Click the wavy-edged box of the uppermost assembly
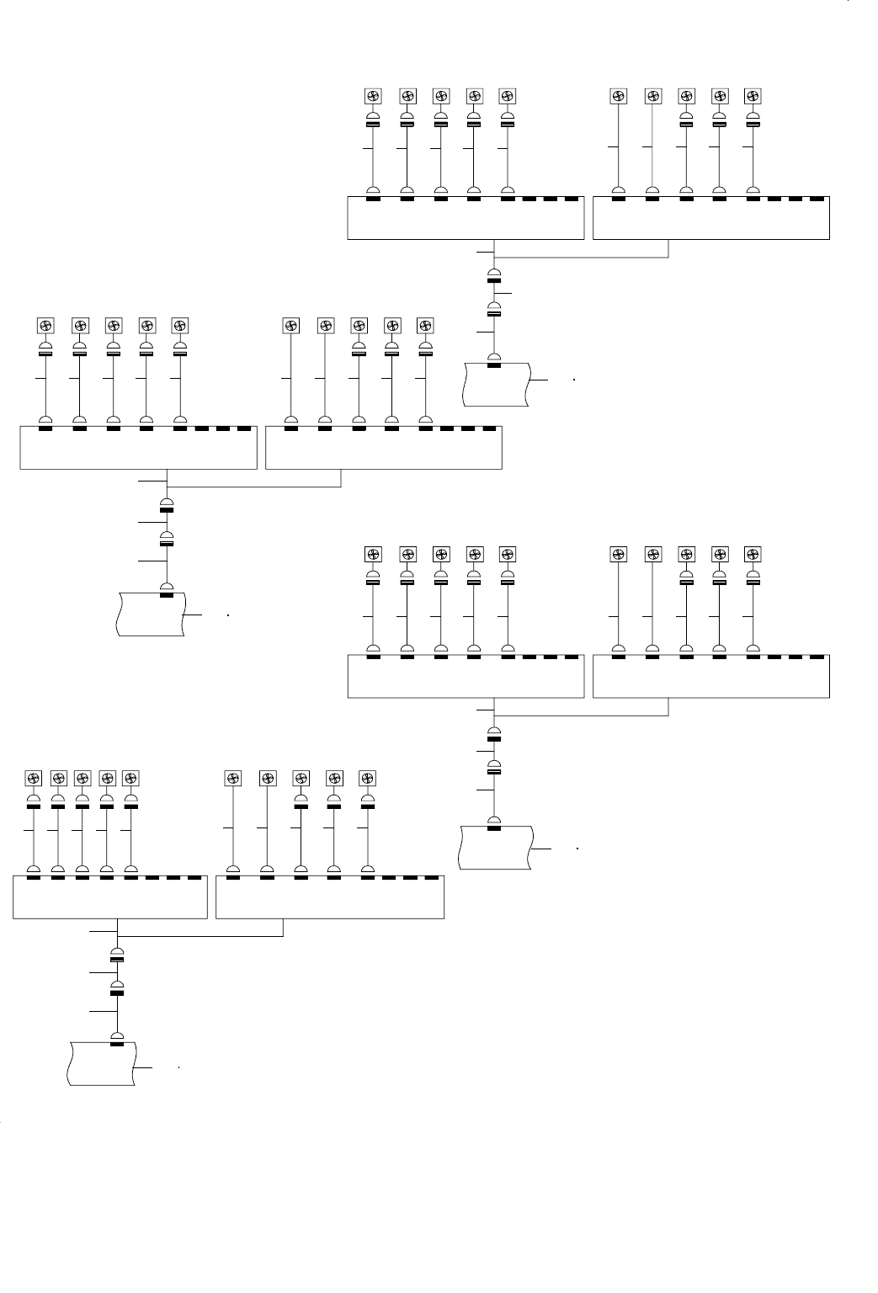(497, 385)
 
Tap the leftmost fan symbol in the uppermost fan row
(373, 96)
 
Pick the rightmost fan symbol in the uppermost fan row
(753, 96)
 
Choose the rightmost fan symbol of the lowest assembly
(367, 778)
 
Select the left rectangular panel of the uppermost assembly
(466, 218)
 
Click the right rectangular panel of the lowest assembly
(330, 897)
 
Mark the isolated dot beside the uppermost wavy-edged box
(572, 380)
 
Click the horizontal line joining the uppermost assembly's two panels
(581, 258)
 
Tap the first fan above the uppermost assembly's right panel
(619, 96)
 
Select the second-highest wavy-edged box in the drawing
(150, 614)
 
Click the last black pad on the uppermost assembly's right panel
(816, 200)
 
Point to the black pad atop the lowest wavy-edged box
(117, 1044)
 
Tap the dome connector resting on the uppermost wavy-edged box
(494, 359)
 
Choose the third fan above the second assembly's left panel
(113, 326)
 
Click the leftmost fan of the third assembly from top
(373, 554)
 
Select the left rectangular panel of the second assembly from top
(137, 448)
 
